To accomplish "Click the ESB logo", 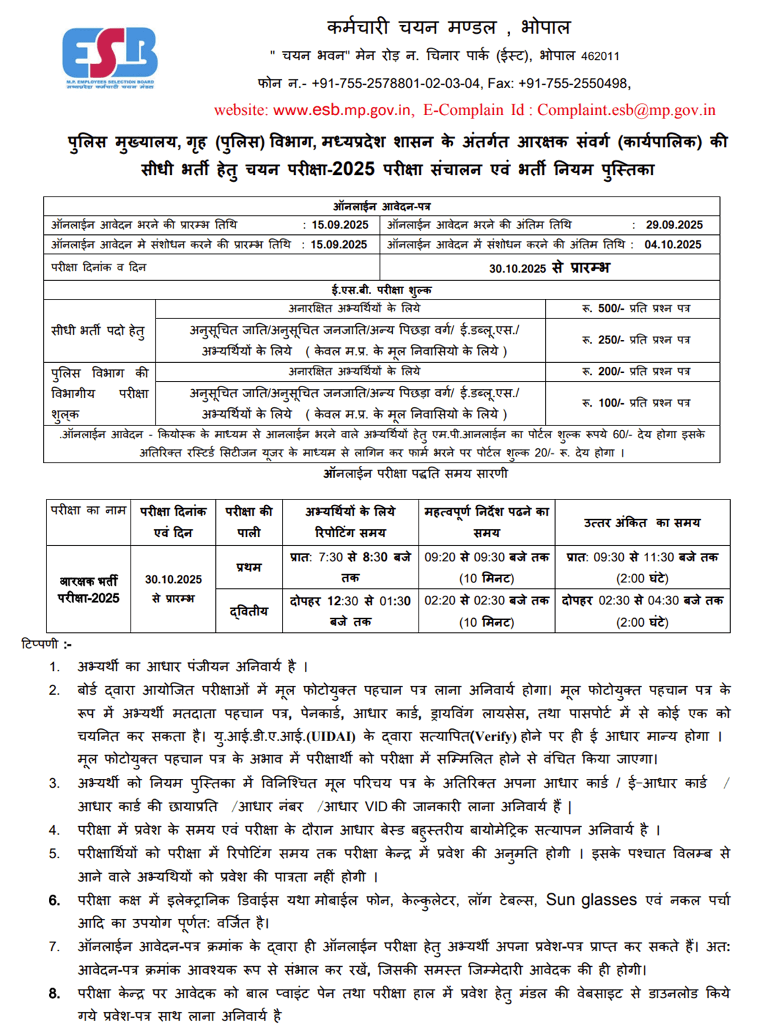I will [x=110, y=58].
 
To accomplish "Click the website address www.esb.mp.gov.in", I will [x=342, y=110].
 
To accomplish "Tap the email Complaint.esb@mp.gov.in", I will [x=626, y=110].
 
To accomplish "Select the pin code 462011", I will [x=600, y=57].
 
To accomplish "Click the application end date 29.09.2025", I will [x=674, y=225].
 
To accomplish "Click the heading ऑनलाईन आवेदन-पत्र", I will [x=382, y=206].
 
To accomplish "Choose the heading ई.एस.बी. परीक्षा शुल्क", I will [x=382, y=290].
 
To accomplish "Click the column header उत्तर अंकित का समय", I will [x=642, y=522].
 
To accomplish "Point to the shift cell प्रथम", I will [x=248, y=567].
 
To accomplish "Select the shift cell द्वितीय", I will [x=248, y=611].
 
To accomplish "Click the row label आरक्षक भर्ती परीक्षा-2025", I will [x=88, y=589].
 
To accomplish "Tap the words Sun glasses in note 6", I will [x=591, y=900].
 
